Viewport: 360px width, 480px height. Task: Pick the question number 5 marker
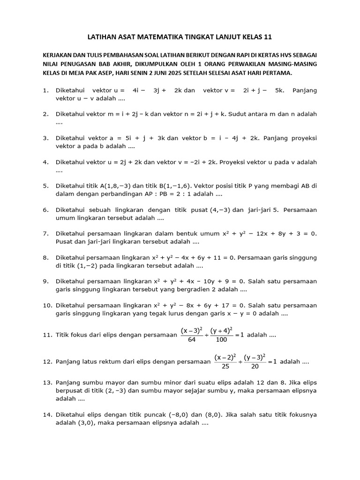point(45,186)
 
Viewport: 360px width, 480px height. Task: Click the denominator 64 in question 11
point(191,339)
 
